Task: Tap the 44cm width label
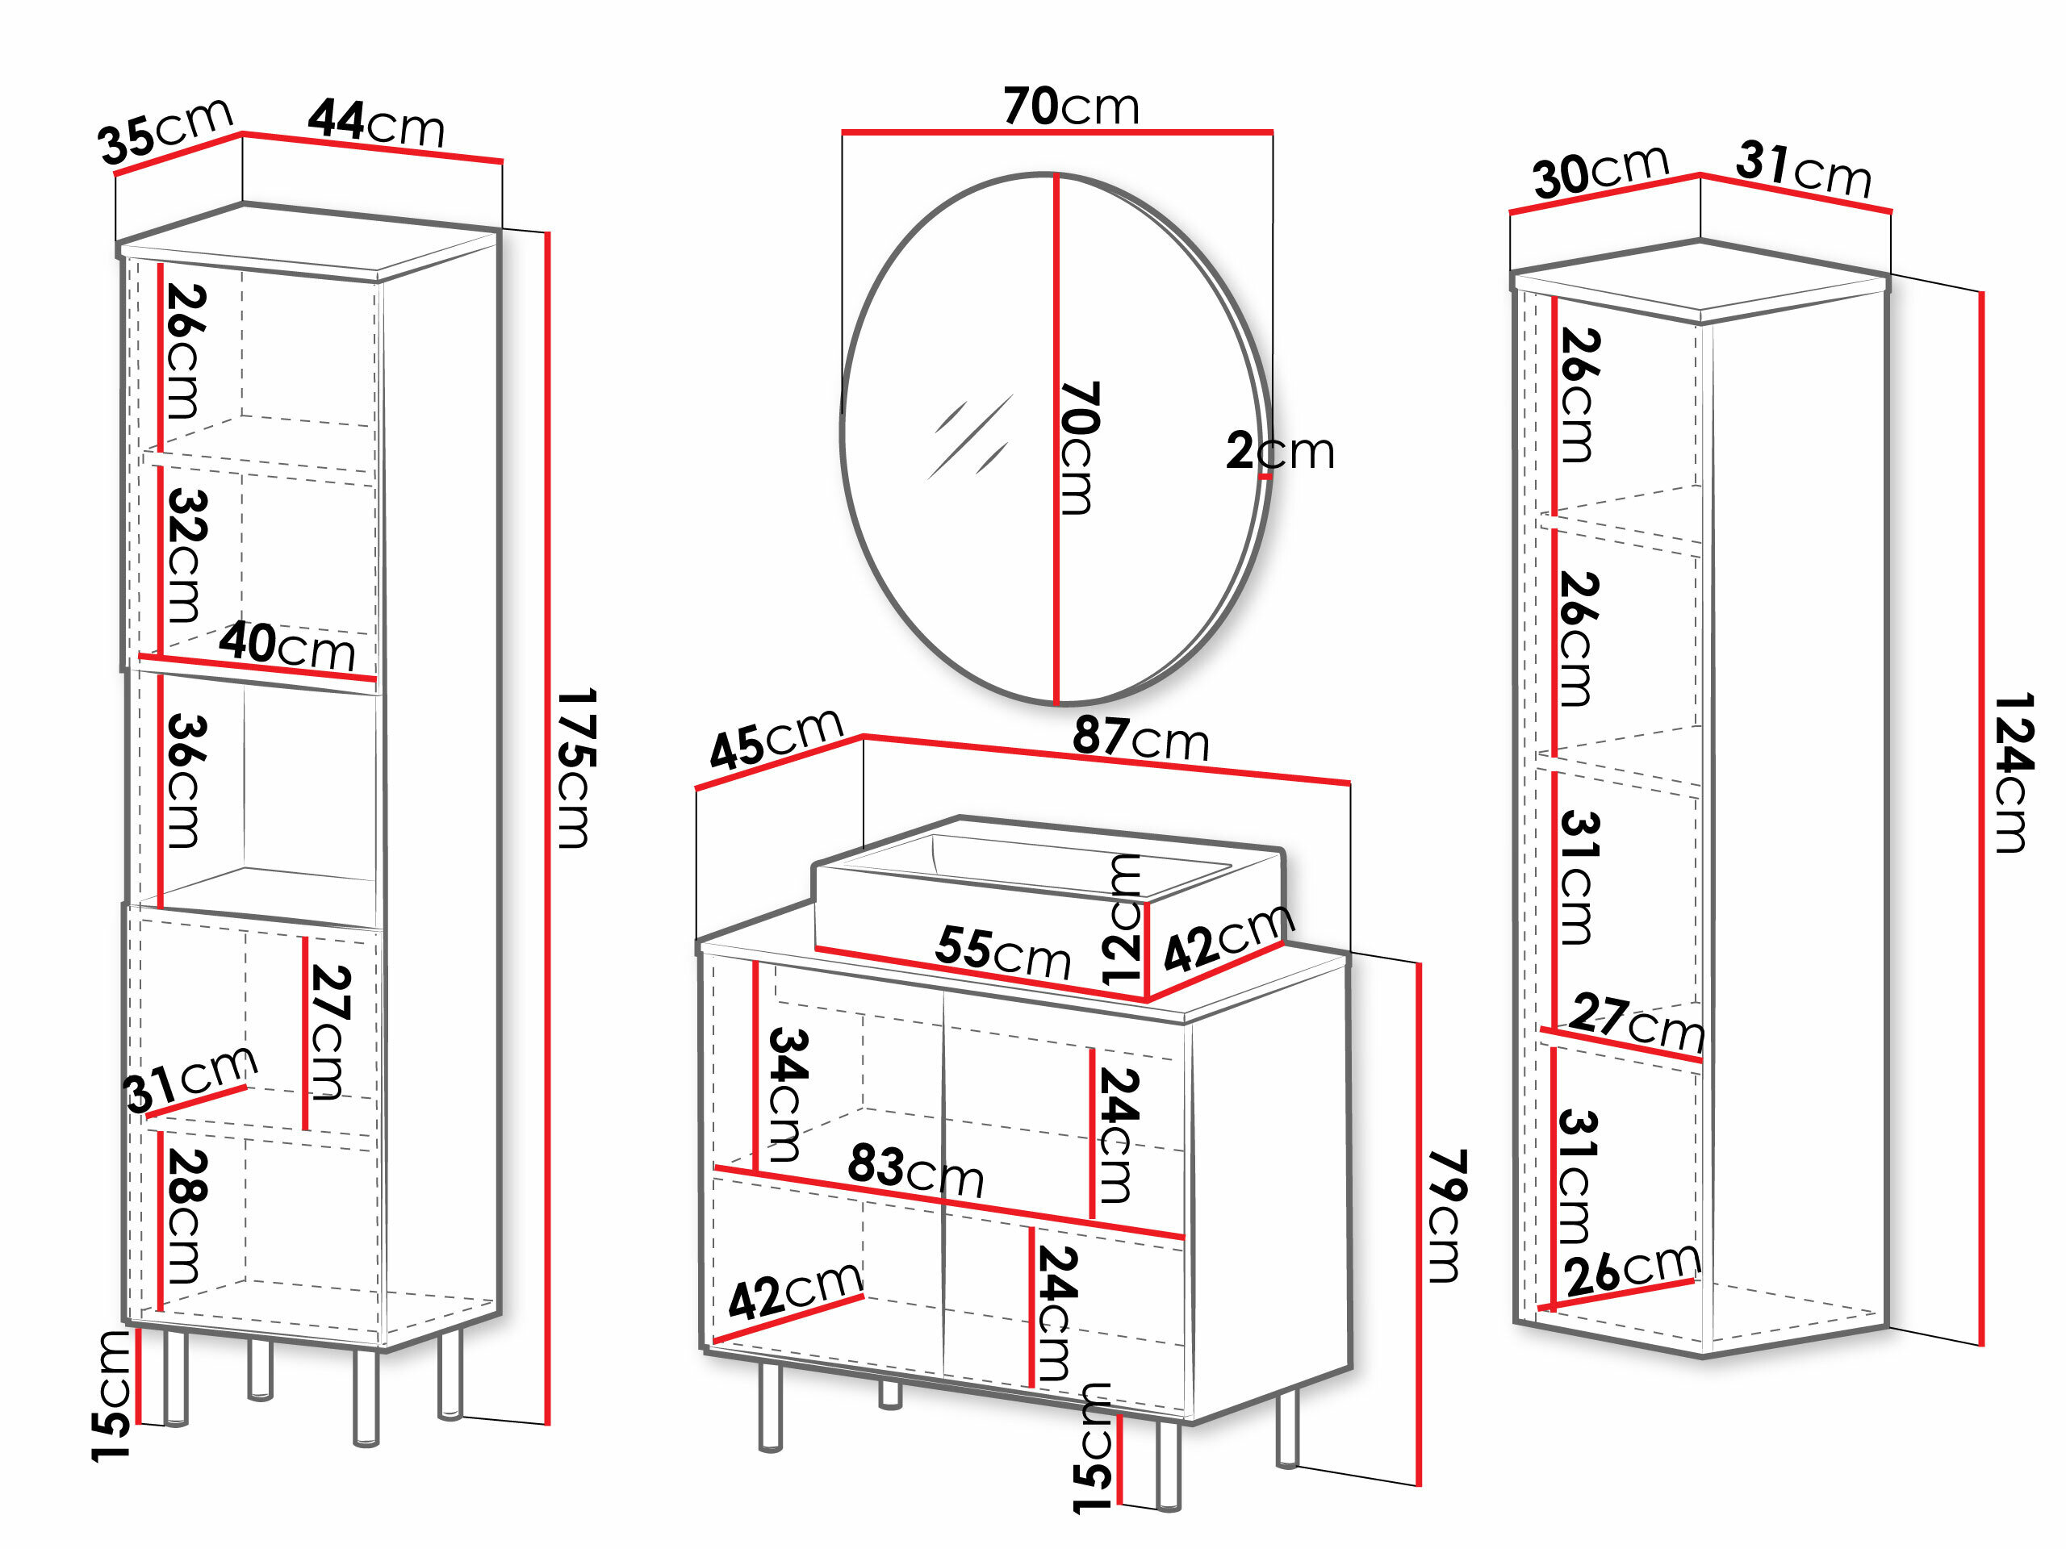point(376,123)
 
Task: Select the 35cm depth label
point(165,130)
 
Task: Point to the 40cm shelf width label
point(287,645)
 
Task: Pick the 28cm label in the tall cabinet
point(185,1216)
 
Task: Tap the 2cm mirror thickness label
point(1281,451)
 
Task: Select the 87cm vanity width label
point(1140,737)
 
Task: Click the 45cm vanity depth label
point(776,737)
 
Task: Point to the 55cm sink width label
point(1003,952)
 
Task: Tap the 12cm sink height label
point(1122,920)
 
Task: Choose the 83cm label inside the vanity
point(916,1170)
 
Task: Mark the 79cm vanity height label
point(1447,1217)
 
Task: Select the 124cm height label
point(2013,773)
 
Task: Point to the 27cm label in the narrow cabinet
point(1637,1022)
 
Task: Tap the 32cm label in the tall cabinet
point(185,556)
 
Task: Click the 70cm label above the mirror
point(1071,106)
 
